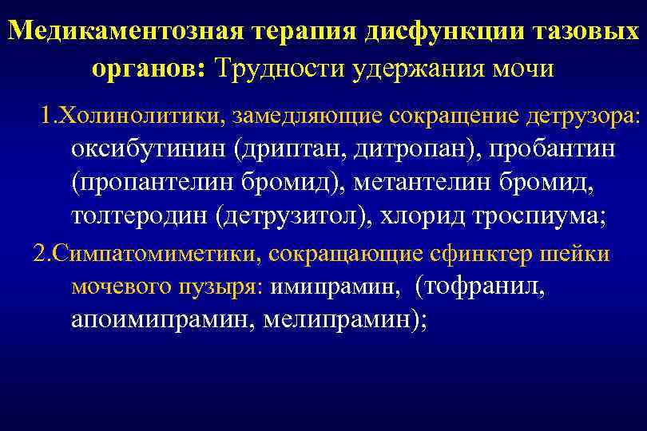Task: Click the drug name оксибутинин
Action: (149, 151)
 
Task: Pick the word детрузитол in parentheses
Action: (293, 216)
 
